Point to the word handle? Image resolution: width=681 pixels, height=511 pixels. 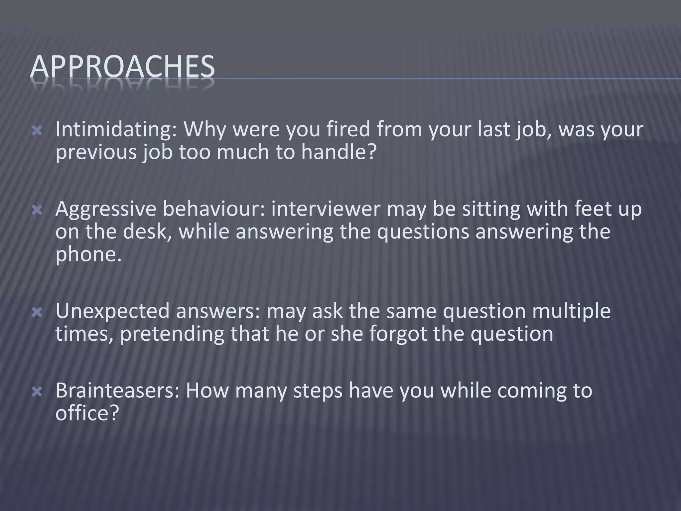click(x=339, y=152)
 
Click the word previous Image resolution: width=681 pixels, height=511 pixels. click(x=96, y=152)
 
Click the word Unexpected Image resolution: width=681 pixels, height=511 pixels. click(x=112, y=311)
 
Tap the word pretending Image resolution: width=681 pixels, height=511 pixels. click(x=172, y=334)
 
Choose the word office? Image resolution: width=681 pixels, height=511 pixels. click(x=87, y=413)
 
